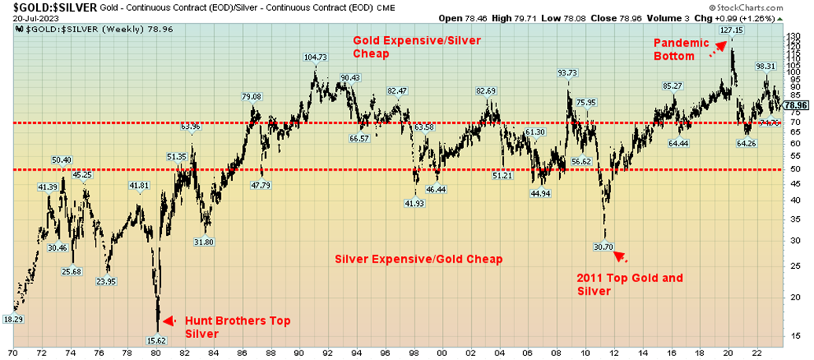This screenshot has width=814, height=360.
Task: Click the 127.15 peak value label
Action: [731, 31]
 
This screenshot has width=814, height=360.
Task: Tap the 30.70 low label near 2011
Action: [603, 246]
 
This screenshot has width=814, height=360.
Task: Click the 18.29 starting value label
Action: [13, 319]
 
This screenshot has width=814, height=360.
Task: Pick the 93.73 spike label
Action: [568, 72]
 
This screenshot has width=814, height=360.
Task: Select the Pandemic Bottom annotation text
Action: [677, 50]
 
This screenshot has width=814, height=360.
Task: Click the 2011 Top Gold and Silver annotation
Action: [629, 285]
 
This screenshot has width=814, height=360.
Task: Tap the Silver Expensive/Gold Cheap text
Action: [418, 259]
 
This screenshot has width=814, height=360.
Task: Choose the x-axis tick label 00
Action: [442, 354]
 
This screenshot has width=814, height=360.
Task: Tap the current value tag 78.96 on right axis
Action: [797, 105]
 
